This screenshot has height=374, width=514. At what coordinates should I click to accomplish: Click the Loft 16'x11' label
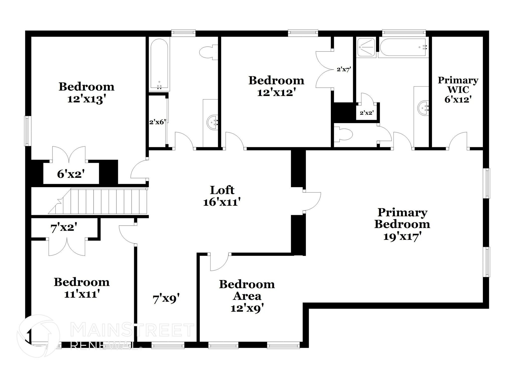coord(222,196)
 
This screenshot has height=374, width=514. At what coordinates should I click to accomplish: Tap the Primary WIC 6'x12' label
coord(458,90)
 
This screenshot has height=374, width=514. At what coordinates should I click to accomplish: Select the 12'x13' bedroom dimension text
coord(85,99)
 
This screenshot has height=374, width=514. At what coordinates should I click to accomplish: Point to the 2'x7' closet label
coord(343,69)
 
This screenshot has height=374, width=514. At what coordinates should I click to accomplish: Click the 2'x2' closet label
coord(367,113)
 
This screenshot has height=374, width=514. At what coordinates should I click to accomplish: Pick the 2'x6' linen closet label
coord(157,122)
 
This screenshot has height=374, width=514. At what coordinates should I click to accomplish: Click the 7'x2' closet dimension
coord(63,228)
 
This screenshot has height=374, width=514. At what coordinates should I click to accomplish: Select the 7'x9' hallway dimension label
coord(166,299)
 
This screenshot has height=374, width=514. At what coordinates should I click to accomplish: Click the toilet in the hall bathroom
coord(208,52)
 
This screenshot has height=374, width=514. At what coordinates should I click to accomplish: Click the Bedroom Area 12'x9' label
coord(247,296)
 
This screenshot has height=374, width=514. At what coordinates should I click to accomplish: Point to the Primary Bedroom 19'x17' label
coord(402,224)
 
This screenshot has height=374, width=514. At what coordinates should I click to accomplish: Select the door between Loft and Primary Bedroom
coord(311,201)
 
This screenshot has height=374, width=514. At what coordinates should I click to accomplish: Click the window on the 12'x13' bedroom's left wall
coord(28,131)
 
